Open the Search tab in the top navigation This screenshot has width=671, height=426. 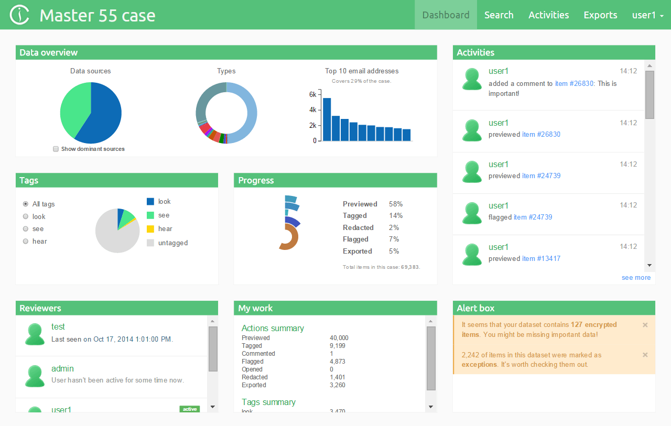click(x=499, y=15)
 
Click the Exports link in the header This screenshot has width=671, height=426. click(x=600, y=15)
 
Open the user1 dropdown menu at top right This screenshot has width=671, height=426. click(x=648, y=15)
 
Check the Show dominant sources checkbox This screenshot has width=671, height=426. click(x=56, y=149)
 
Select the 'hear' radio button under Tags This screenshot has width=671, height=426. click(x=26, y=241)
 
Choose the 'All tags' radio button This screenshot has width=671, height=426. click(x=26, y=204)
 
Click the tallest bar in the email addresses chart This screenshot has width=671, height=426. click(x=327, y=119)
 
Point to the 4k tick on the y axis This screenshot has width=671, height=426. click(x=312, y=110)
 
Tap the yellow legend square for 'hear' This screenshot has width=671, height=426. click(x=150, y=229)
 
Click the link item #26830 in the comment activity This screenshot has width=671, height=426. click(x=575, y=83)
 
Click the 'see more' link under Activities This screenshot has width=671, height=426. click(x=636, y=278)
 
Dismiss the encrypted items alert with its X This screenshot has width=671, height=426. click(x=645, y=325)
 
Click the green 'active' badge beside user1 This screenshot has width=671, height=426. click(x=189, y=409)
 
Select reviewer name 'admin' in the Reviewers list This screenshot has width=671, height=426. click(x=62, y=368)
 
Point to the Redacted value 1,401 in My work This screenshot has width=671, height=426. click(x=338, y=377)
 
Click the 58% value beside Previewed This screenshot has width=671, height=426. click(x=396, y=204)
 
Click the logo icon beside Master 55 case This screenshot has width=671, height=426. click(x=20, y=15)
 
